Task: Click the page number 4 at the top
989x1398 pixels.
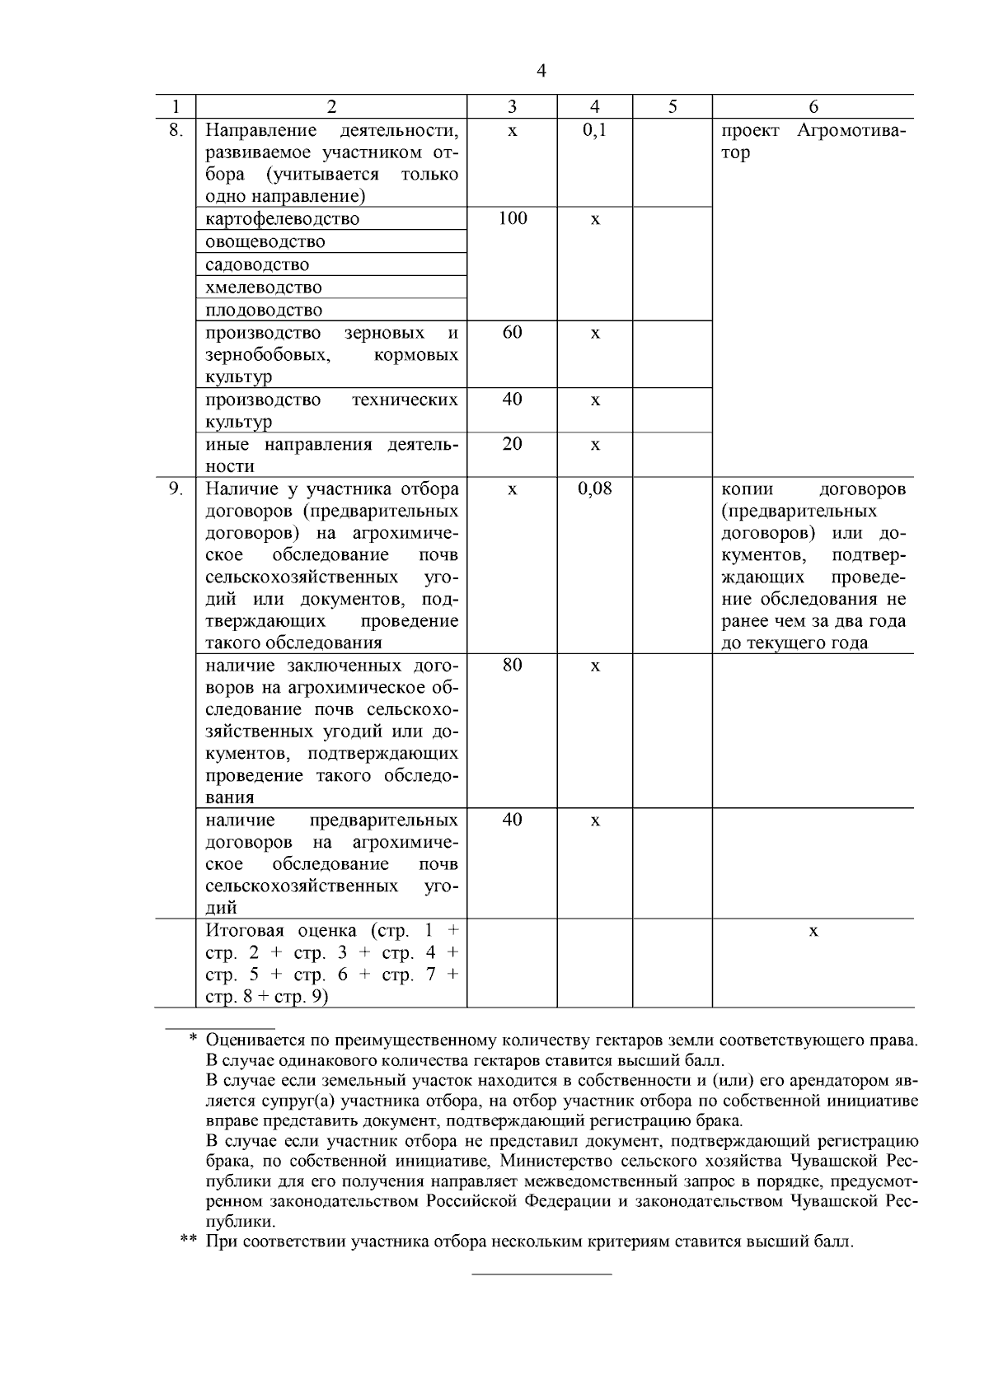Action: [541, 71]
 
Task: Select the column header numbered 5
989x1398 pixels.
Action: [673, 106]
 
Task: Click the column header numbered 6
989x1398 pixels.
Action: [813, 106]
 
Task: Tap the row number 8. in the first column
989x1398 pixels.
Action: [175, 130]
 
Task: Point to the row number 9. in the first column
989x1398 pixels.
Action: [175, 489]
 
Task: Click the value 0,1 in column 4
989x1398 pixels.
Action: [594, 130]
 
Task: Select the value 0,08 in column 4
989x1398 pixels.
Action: [594, 489]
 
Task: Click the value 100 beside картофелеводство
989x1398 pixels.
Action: [512, 218]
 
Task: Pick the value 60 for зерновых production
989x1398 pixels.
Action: [512, 332]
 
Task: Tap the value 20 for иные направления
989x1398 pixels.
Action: [512, 444]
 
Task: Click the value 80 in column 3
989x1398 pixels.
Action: [512, 665]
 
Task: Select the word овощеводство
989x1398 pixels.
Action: [265, 242]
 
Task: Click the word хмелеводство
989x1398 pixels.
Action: [263, 288]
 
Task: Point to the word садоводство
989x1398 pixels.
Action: [257, 265]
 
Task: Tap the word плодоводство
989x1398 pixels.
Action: [264, 311]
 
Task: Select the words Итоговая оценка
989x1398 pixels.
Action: [280, 931]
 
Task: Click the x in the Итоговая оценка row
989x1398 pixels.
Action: [813, 931]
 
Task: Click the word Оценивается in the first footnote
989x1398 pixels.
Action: [255, 1040]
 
